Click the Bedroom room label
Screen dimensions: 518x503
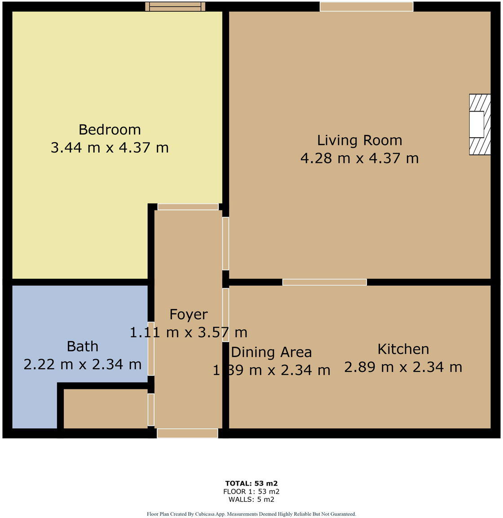[110, 129]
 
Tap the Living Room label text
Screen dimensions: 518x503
[359, 140]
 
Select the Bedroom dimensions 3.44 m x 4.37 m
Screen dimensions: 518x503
[110, 147]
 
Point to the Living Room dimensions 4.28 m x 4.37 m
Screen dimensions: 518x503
[359, 158]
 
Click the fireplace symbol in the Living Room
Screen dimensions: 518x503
[479, 125]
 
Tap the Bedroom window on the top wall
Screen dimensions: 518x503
[175, 6]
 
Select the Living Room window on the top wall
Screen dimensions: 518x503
[366, 6]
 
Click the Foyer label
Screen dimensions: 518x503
[189, 314]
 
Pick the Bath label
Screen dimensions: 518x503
[83, 346]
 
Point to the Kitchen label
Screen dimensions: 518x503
[403, 349]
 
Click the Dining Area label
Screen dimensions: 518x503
[271, 352]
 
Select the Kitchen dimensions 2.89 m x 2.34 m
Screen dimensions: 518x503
[403, 367]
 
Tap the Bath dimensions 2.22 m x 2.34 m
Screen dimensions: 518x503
[83, 364]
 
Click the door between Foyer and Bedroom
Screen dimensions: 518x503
[188, 207]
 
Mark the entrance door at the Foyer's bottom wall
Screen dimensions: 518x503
[187, 433]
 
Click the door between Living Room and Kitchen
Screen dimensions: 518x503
[324, 282]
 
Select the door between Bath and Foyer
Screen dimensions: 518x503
[151, 348]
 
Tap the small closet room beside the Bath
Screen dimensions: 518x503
[106, 408]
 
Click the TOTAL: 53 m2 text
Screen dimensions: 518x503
[251, 484]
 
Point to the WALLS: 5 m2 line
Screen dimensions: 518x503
[251, 499]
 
